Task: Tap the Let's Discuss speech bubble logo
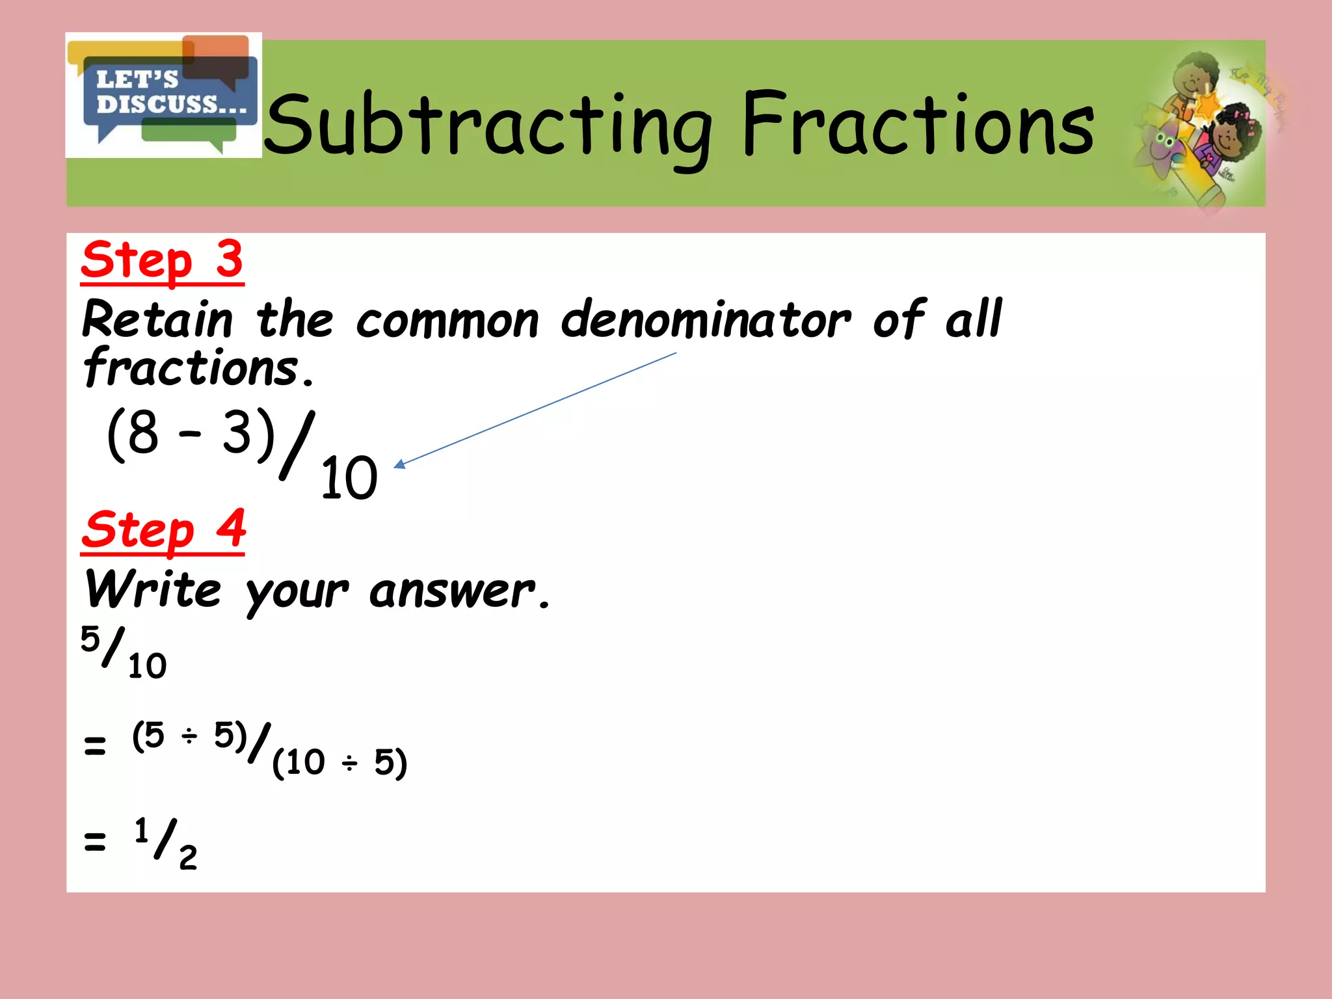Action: click(x=164, y=95)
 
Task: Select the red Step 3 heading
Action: click(x=163, y=260)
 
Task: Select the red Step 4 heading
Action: click(x=163, y=529)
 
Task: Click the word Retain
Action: click(x=157, y=320)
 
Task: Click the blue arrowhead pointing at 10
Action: click(x=400, y=464)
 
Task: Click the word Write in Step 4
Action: click(x=153, y=589)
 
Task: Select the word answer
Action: click(x=453, y=591)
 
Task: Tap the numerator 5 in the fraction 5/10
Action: click(x=90, y=639)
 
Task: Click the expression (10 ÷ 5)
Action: click(x=340, y=762)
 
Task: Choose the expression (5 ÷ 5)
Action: click(x=189, y=736)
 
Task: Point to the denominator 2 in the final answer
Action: click(x=188, y=858)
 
